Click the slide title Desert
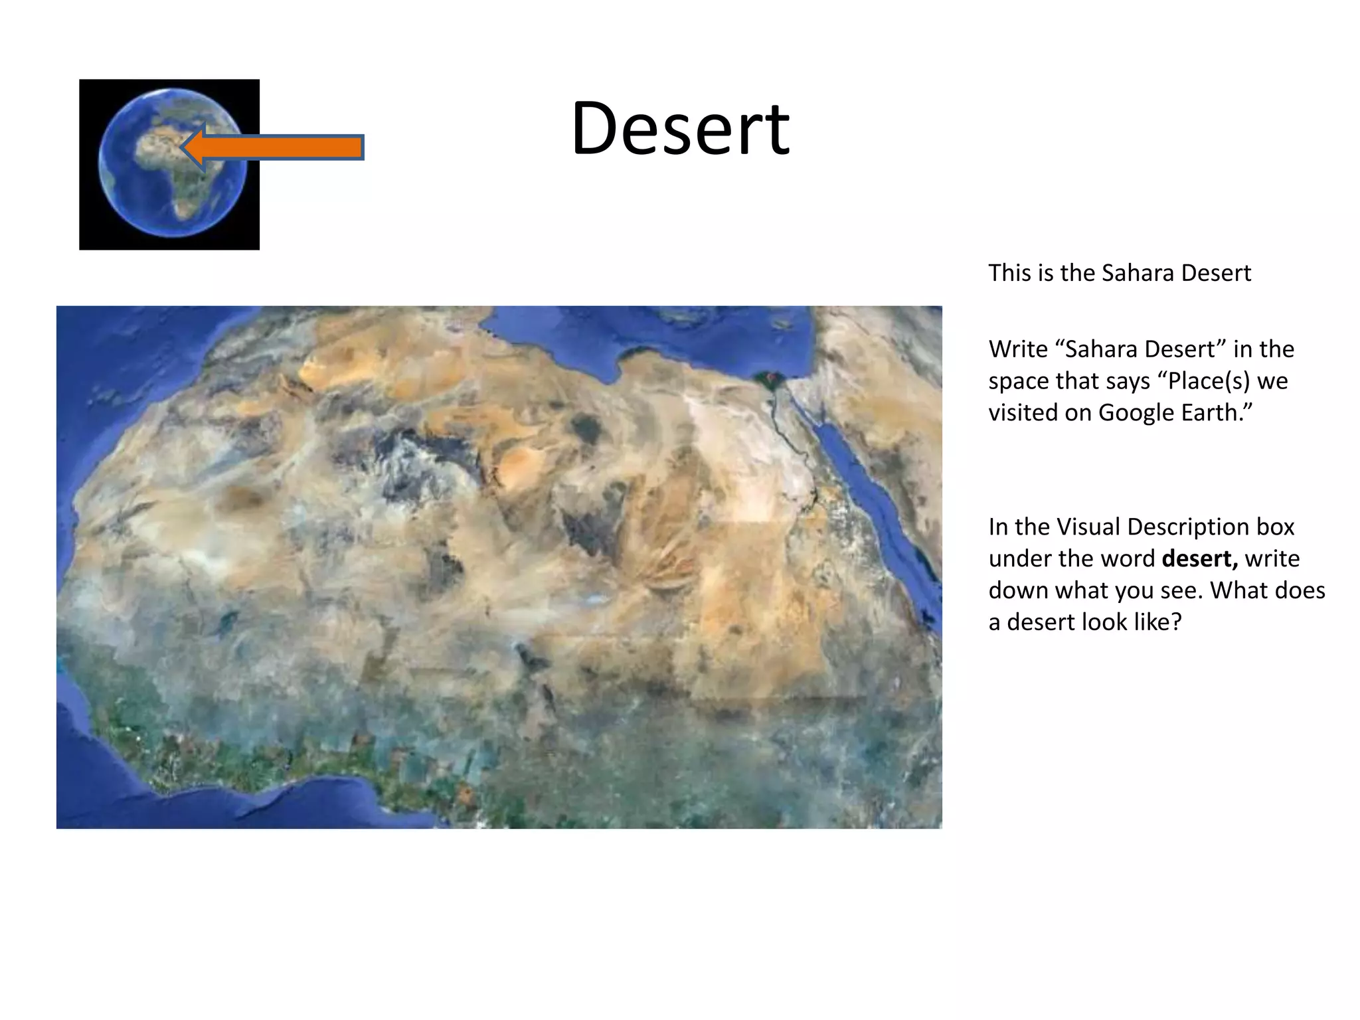[680, 129]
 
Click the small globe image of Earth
[169, 165]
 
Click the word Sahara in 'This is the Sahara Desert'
[1134, 273]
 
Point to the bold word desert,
[1199, 558]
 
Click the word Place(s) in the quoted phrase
[1205, 381]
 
